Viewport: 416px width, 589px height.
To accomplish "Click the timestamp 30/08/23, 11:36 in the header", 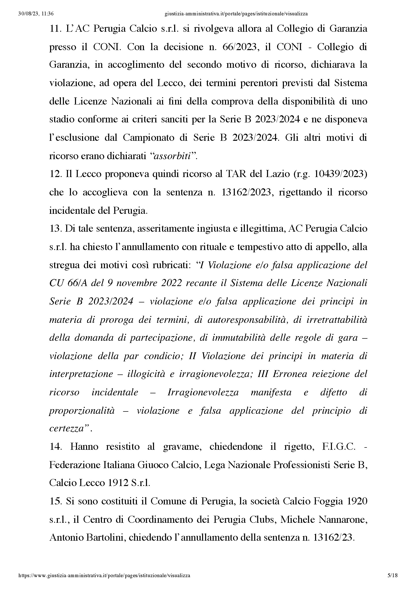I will coord(36,14).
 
